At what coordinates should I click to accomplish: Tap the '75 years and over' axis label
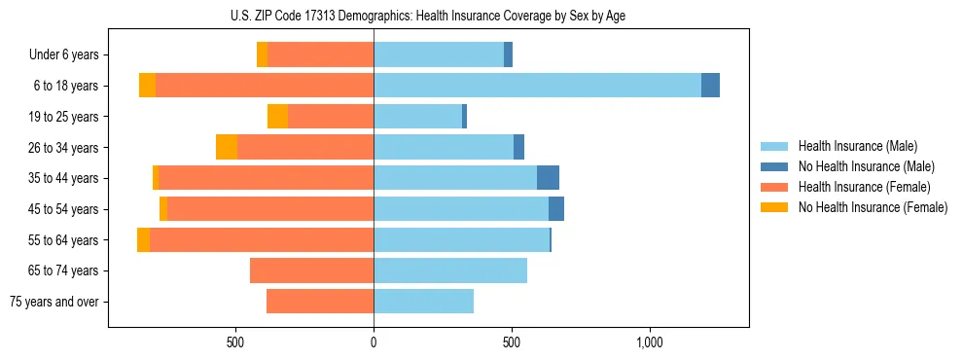54,302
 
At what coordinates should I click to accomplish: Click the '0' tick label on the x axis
374,342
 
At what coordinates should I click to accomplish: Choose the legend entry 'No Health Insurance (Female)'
873,207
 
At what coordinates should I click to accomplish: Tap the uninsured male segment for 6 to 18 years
710,86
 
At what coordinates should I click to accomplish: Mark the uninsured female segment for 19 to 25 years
277,117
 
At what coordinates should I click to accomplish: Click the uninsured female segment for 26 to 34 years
227,147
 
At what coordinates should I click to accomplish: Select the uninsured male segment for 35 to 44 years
548,178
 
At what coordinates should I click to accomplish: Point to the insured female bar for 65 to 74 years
311,270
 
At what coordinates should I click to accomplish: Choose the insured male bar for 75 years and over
423,302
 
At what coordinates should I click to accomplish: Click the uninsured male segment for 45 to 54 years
556,209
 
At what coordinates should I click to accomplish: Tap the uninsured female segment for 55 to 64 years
143,240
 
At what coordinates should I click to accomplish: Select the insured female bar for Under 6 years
320,55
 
